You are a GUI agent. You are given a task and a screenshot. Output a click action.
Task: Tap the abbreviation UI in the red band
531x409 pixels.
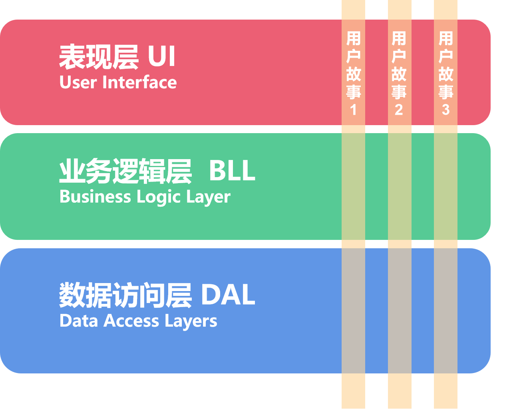[x=161, y=56]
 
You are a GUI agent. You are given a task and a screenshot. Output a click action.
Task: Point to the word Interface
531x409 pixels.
[x=139, y=83]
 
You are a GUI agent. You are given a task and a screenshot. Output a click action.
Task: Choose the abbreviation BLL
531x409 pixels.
[x=232, y=171]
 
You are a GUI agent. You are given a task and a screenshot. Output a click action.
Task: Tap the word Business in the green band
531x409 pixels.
[x=95, y=197]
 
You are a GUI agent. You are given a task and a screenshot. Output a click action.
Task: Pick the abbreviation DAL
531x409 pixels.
[x=228, y=295]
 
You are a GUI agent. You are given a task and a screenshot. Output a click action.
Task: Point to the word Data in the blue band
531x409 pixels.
[x=79, y=321]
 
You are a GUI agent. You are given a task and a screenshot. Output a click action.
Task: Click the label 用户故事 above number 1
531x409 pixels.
[x=353, y=65]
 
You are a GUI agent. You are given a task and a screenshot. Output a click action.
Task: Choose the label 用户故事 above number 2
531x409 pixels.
[x=399, y=65]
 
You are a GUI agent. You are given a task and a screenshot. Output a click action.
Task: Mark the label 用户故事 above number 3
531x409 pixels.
[x=445, y=65]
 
